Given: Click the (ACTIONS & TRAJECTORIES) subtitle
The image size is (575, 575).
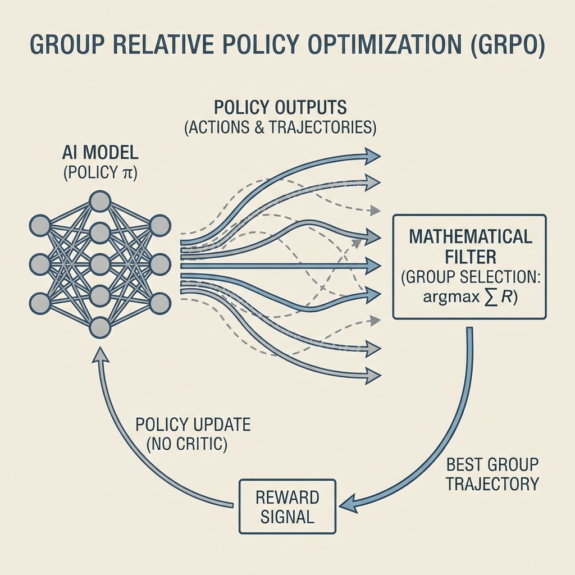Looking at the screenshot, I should pos(280,127).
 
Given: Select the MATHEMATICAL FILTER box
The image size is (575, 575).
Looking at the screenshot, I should pos(469,266).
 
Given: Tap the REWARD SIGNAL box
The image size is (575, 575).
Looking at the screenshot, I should pos(287,506).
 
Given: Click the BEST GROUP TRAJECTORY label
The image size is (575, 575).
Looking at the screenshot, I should pos(492,474).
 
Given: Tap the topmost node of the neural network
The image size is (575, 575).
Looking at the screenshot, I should pos(99,201).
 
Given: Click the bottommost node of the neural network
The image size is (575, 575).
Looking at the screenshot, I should pos(99,327).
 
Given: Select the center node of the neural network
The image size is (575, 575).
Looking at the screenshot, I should pos(99,263).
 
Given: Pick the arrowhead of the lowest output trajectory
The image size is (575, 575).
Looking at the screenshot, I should pos(372,376).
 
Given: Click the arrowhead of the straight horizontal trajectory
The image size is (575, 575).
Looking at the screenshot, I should pos(372,266).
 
